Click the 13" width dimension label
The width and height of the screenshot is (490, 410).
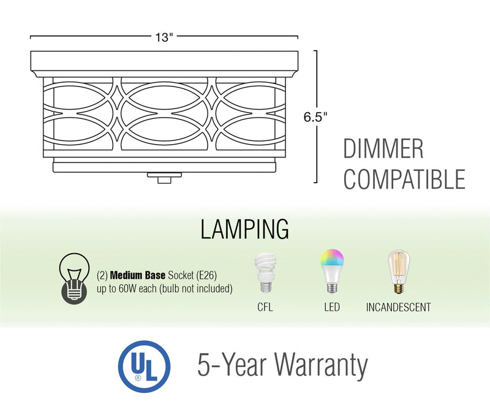click(164, 37)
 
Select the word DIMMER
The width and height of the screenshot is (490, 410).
click(383, 150)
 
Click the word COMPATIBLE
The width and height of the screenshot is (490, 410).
click(404, 180)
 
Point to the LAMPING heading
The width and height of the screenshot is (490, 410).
click(244, 229)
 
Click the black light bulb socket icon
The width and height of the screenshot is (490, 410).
click(73, 279)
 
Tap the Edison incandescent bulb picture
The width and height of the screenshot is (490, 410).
click(397, 272)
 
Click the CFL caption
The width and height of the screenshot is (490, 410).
click(265, 307)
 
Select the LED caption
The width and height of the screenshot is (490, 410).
click(331, 307)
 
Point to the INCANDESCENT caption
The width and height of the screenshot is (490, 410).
click(398, 307)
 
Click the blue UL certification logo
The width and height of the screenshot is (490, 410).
click(145, 366)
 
